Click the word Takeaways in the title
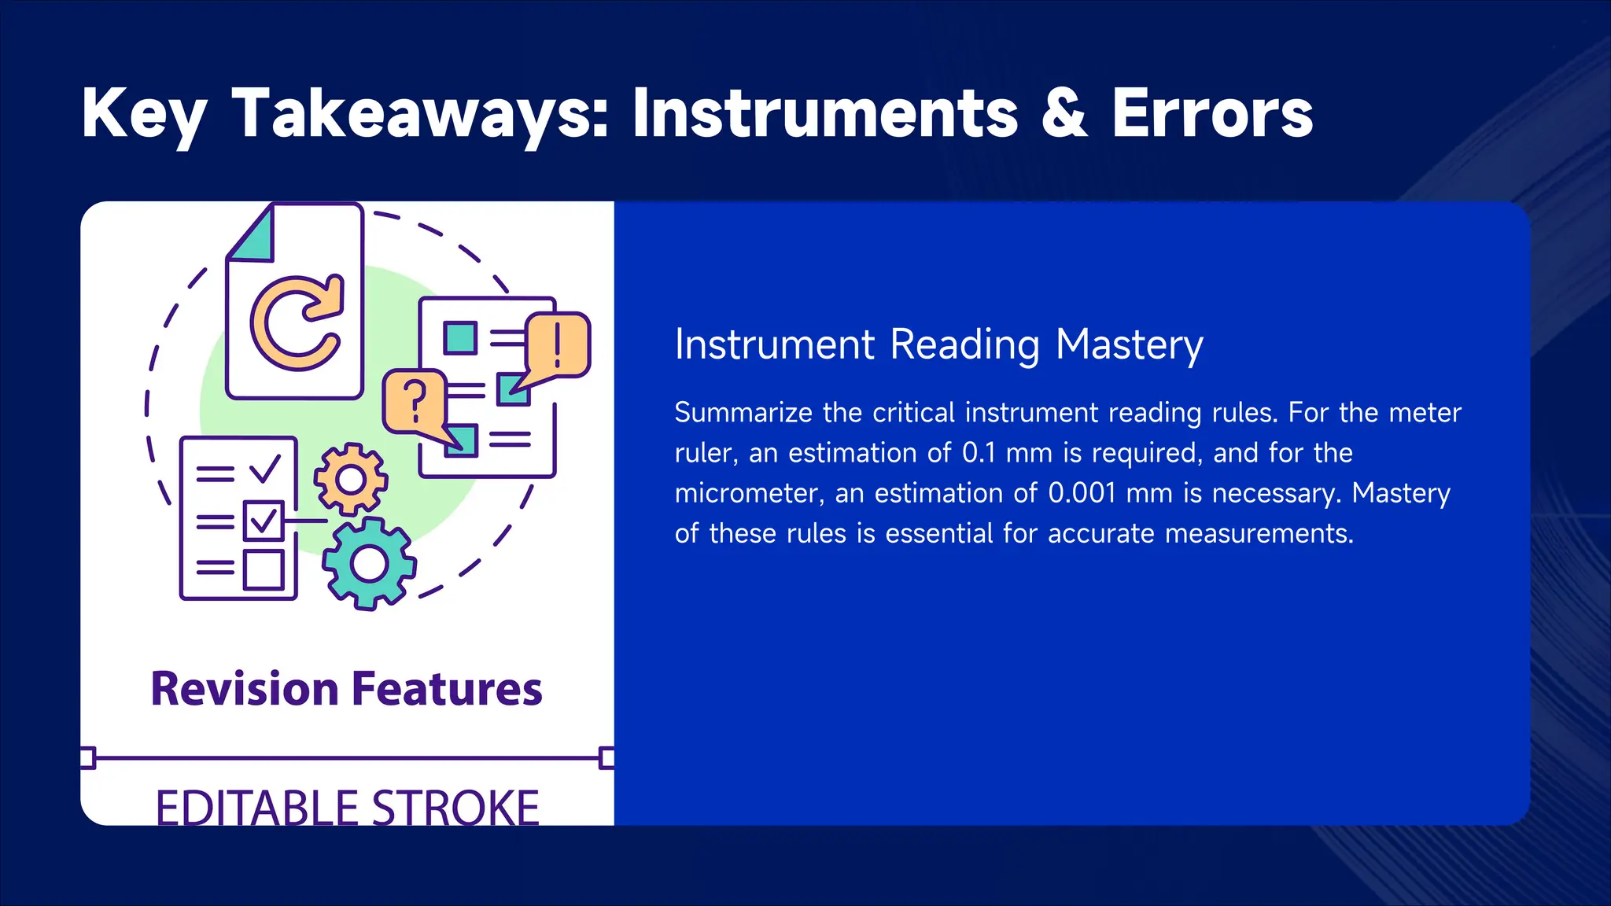pos(420,115)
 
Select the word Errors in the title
pos(1212,115)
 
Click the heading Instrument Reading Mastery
pos(938,345)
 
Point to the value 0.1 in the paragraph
pos(979,453)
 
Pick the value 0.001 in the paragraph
pos(1082,493)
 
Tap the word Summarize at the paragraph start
pos(743,413)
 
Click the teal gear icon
pos(369,563)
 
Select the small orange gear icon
pos(351,479)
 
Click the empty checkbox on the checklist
pos(263,569)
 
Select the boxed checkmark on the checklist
pos(263,521)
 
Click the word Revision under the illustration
pos(245,689)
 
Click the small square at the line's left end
pos(87,758)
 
